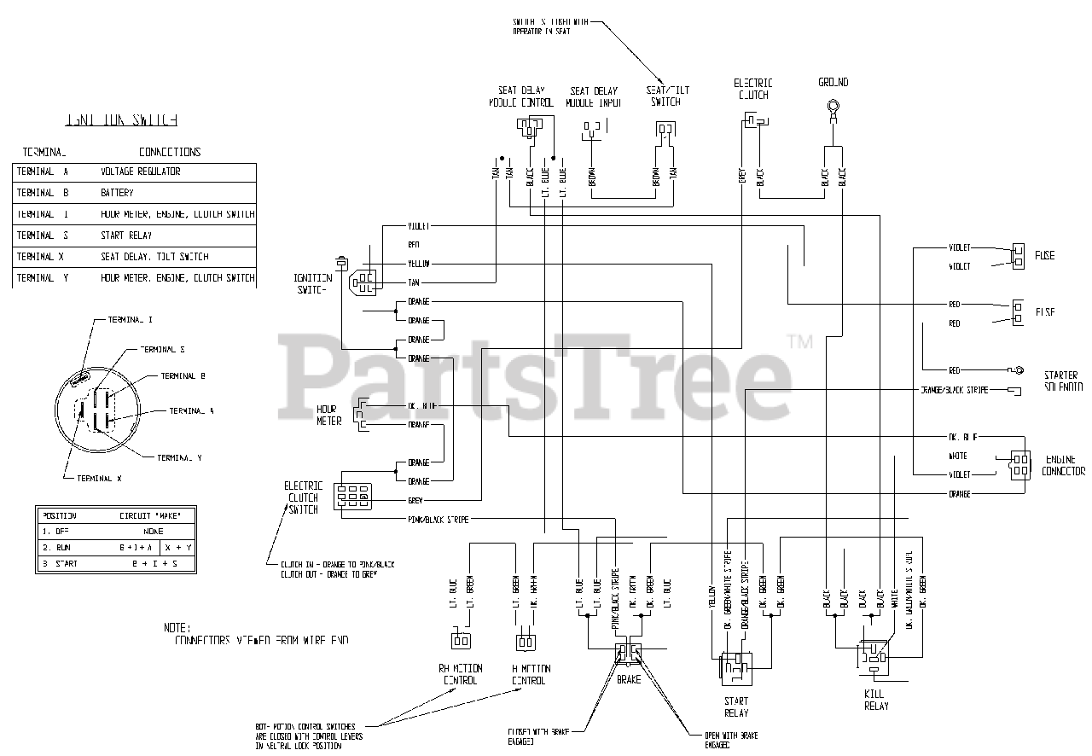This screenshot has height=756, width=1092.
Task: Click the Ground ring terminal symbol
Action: tap(832, 108)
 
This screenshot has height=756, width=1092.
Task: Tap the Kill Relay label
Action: tap(875, 700)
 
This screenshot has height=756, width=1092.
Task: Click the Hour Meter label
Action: tap(328, 415)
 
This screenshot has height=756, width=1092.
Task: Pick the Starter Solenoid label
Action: tap(1060, 381)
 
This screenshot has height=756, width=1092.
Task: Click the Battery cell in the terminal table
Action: tap(118, 193)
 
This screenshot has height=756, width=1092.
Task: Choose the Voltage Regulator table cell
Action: tap(140, 172)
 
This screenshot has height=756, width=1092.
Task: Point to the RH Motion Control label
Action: tap(461, 674)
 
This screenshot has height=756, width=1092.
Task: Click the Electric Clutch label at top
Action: tap(753, 89)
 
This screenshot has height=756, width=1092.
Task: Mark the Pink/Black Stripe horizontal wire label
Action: tap(438, 520)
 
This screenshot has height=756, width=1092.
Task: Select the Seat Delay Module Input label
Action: tap(593, 96)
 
